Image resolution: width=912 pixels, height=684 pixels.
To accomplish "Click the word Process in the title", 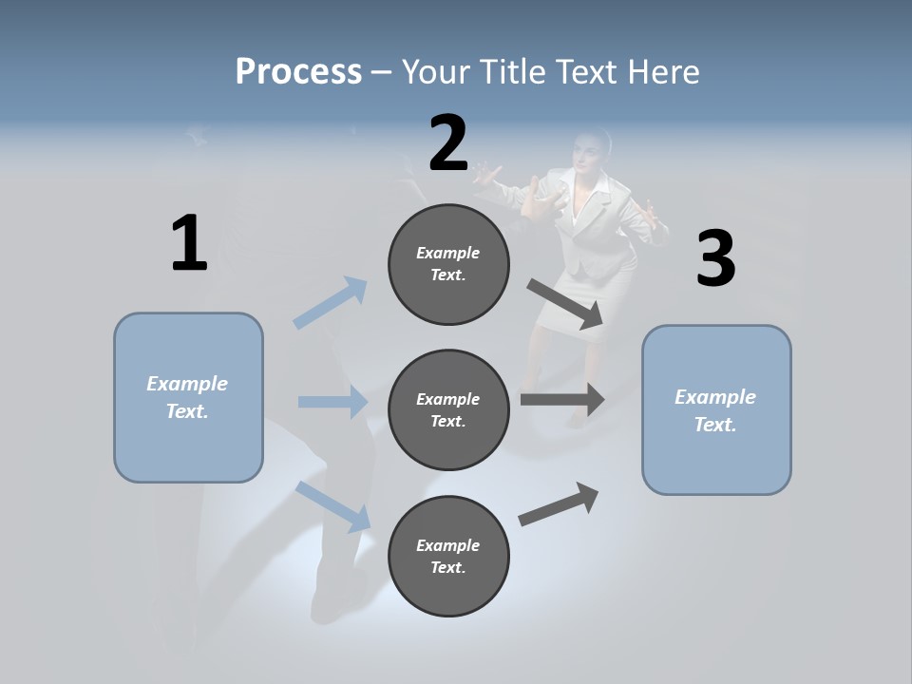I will coord(298,71).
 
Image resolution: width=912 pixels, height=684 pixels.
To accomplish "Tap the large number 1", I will coord(189,243).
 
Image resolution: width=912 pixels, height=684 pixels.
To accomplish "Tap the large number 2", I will coord(448,143).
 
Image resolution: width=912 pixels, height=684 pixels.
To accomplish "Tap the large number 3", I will coord(715,259).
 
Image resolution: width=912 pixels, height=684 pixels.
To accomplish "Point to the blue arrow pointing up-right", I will coord(331,303).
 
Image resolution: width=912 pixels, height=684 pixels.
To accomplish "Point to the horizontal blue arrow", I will coord(332,402).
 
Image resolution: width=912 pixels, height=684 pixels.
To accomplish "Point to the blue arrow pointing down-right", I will coord(332,505).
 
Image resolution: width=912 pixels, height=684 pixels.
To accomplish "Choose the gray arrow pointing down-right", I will coord(565,303).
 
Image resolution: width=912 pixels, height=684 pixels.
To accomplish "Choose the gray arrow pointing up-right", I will coord(560,504).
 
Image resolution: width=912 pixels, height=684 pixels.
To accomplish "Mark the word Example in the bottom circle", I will coord(447,545).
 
